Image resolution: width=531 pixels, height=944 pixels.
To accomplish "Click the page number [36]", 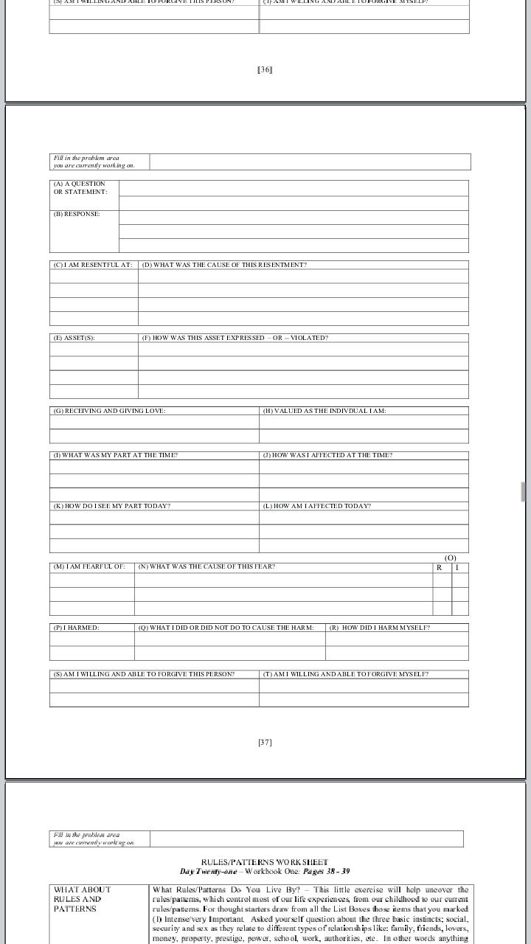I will (265, 70).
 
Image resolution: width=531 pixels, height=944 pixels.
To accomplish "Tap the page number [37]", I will (265, 743).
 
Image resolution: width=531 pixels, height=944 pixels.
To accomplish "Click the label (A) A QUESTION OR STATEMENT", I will (80, 187).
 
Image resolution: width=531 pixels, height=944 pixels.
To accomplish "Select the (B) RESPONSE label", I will (76, 214).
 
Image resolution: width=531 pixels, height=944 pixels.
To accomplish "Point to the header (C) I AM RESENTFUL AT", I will (93, 265).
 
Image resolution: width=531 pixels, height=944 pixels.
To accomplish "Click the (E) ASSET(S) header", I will (74, 338).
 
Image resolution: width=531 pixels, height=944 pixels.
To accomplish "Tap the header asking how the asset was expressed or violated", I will (235, 338).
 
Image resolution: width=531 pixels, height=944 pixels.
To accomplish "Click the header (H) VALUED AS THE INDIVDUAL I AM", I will (324, 411).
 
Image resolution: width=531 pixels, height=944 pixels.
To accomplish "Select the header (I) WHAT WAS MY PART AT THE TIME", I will (115, 455).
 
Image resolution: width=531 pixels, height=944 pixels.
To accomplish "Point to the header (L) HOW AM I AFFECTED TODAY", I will (316, 506).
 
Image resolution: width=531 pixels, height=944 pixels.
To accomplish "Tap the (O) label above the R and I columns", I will (451, 558).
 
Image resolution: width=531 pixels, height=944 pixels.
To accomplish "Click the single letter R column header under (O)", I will (440, 567).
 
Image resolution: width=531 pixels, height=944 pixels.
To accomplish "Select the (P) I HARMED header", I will (76, 628).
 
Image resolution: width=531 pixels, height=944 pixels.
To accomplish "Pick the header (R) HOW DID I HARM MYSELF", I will (379, 628).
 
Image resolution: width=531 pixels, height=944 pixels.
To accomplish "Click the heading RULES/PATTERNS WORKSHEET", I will (265, 861).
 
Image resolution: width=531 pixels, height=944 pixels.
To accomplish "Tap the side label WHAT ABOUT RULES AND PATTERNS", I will (82, 899).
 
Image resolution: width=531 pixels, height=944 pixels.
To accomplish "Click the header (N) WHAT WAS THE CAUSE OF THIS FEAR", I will (206, 566).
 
